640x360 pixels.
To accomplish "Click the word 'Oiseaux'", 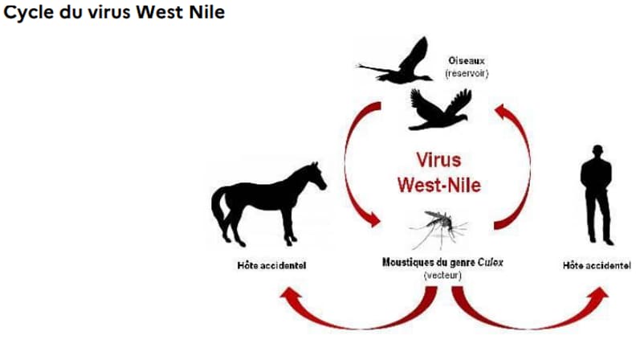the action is coord(467,61).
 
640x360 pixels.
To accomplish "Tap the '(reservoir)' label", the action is coord(467,73).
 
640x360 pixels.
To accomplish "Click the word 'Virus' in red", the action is coord(438,159).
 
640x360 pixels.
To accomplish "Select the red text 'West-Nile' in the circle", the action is coord(439,184).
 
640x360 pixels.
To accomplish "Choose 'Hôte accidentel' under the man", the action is coord(596,265).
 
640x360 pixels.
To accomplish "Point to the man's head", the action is coord(597,152).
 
